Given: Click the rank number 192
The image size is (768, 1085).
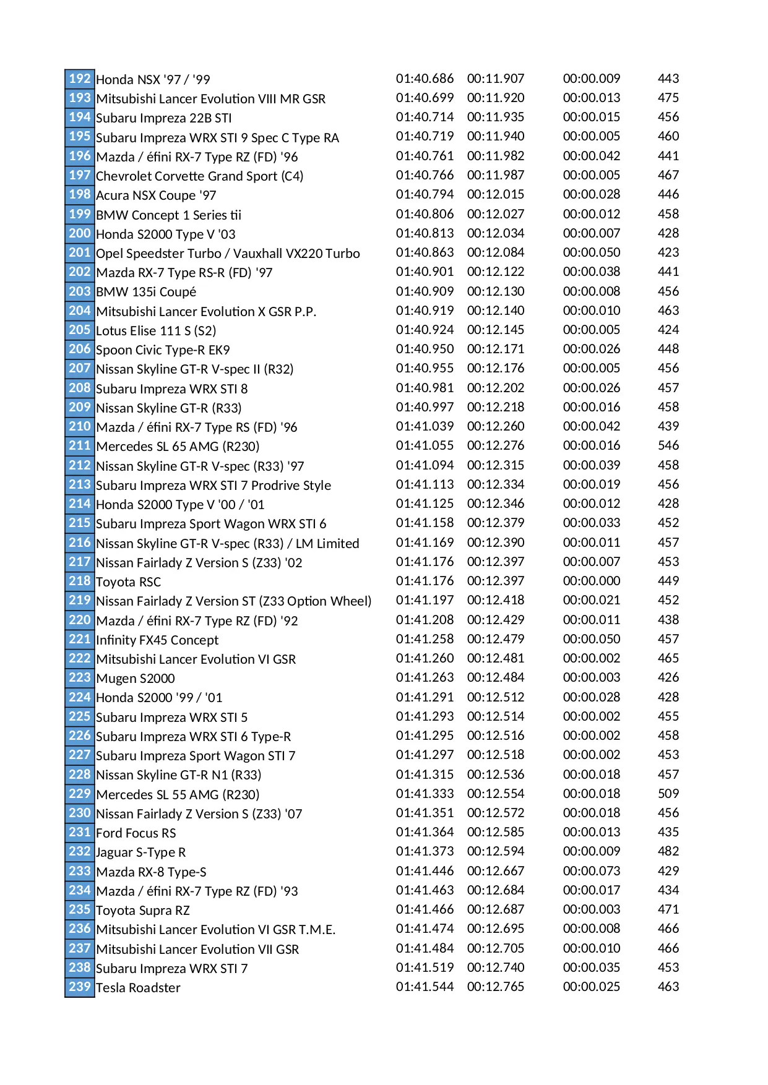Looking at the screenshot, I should (x=80, y=79).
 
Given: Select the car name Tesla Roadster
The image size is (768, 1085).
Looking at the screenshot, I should (x=138, y=988).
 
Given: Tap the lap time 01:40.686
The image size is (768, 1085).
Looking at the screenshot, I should (x=425, y=79).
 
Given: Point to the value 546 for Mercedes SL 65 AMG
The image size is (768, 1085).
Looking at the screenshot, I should (x=668, y=445).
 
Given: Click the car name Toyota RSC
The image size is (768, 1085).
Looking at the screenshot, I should (x=128, y=582).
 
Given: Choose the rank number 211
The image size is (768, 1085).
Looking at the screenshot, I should (x=80, y=445).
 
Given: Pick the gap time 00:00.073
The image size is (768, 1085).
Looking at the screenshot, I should (x=591, y=871).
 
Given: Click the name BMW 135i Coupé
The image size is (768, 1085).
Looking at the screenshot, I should (x=146, y=292).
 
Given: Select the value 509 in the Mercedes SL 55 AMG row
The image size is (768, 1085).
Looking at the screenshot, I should (x=668, y=794).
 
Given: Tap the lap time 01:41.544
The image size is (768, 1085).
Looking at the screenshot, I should (x=425, y=987).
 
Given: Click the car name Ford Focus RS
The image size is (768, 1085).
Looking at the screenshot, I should (x=136, y=833).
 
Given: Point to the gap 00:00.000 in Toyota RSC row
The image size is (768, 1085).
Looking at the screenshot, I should (x=591, y=581).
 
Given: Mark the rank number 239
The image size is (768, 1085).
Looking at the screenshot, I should (x=80, y=987).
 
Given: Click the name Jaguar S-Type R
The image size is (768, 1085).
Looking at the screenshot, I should (x=140, y=852).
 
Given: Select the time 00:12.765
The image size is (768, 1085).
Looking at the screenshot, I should (x=495, y=987).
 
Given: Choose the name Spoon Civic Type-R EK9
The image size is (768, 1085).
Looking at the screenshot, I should (x=163, y=350).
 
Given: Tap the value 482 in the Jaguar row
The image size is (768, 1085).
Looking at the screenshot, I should (x=668, y=851).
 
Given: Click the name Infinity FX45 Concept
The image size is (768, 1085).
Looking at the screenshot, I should (x=157, y=640).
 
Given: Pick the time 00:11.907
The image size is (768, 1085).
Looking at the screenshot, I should (x=495, y=79).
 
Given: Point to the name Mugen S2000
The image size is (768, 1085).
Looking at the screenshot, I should (x=136, y=679).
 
